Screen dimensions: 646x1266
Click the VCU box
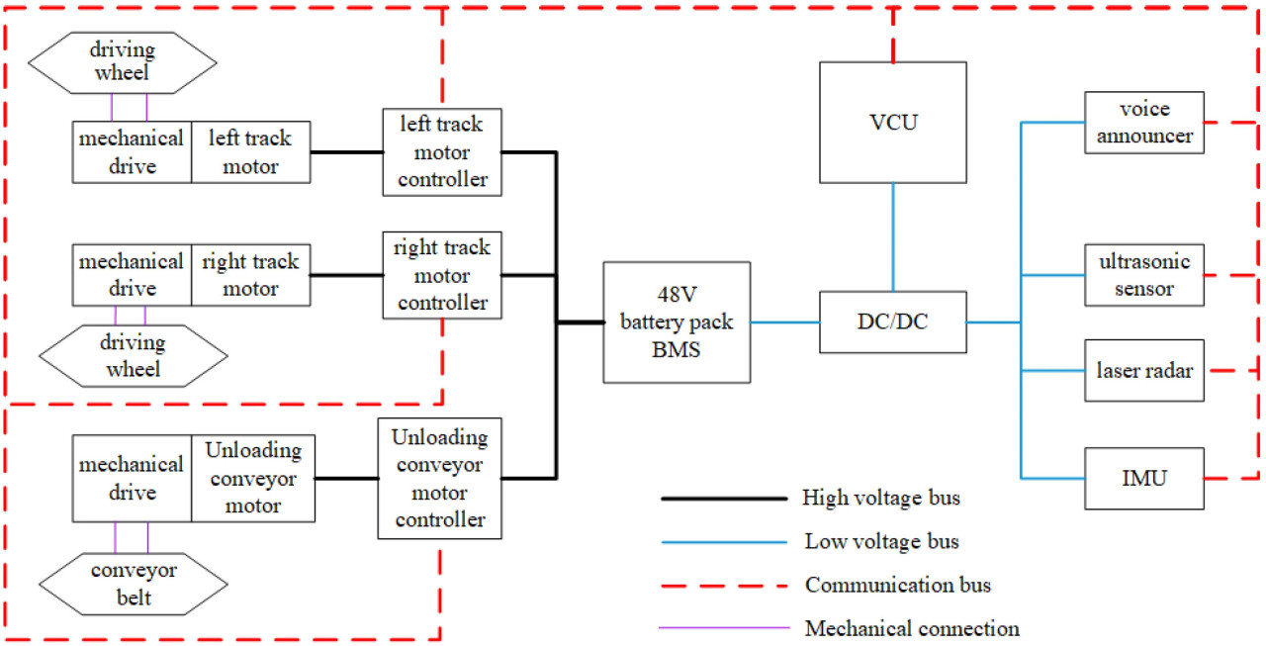click(892, 123)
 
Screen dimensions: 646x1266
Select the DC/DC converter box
click(892, 323)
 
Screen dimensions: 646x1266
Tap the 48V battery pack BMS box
click(677, 323)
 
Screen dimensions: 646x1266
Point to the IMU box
click(1144, 479)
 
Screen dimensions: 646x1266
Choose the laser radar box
click(1144, 371)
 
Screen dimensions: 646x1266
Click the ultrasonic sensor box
click(1144, 274)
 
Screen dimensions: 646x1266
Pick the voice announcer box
click(1144, 123)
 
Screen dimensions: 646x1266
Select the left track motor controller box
click(442, 151)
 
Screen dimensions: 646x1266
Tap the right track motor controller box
click(442, 274)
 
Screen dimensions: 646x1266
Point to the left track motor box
click(250, 151)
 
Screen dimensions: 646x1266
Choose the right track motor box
click(250, 275)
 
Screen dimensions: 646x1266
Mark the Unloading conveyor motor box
click(253, 478)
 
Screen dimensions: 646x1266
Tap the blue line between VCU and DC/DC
click(893, 237)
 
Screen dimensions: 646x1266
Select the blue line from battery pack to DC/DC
click(785, 323)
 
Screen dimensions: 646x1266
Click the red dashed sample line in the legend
click(725, 585)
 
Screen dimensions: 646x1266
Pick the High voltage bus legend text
click(880, 498)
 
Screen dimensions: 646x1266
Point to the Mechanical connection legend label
click(912, 628)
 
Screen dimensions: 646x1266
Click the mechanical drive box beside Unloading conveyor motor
click(132, 478)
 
